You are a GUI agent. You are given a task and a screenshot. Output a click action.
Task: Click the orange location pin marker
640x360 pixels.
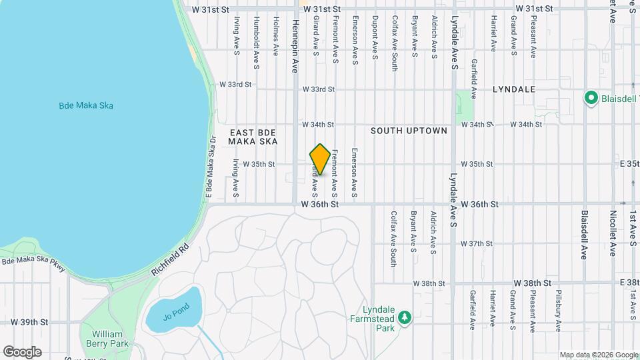tap(320, 159)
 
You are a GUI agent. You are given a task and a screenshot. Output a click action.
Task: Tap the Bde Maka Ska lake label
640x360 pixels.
tap(81, 105)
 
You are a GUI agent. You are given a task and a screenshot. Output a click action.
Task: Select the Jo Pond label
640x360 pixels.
tap(176, 309)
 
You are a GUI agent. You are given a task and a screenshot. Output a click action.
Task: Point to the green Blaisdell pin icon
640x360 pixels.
tap(591, 99)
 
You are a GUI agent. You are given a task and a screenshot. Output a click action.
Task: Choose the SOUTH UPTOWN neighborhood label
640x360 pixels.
tap(409, 131)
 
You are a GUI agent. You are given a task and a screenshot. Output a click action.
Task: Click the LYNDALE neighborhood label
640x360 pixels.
tap(514, 89)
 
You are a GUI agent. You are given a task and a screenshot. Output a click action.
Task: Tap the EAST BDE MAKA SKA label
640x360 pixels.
tap(252, 137)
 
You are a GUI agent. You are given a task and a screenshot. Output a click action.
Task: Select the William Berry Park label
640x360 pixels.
tap(107, 339)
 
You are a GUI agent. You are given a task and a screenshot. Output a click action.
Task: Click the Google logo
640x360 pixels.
tap(22, 352)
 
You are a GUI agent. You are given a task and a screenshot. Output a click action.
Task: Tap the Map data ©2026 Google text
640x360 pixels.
tap(598, 355)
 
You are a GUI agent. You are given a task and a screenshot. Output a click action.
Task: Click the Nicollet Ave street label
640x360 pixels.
tap(612, 233)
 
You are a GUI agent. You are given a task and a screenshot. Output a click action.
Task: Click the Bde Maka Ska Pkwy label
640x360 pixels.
tap(34, 263)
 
